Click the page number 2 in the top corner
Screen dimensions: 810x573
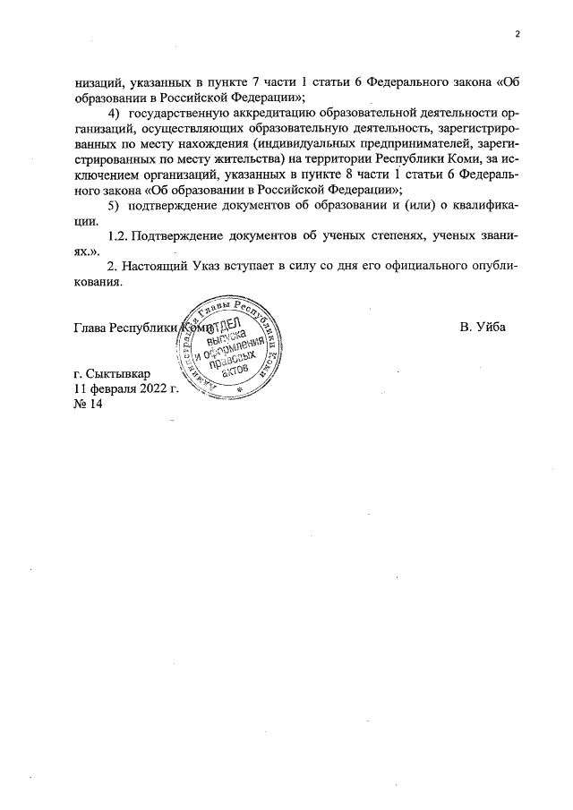point(517,35)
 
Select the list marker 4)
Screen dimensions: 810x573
point(114,115)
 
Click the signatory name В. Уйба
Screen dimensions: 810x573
point(483,327)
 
